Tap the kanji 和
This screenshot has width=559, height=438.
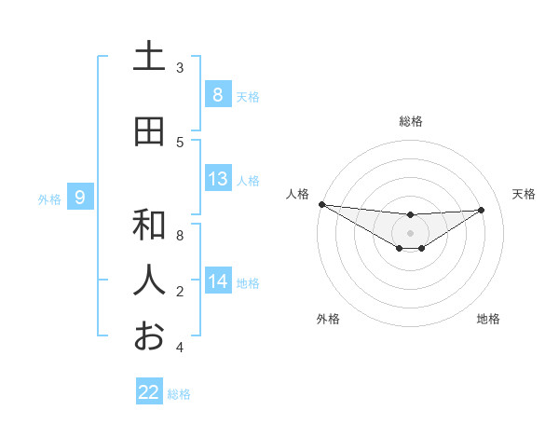tap(149, 225)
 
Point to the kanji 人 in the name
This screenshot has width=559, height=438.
tap(149, 280)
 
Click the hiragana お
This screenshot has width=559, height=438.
tap(149, 335)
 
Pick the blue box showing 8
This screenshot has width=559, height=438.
tap(217, 94)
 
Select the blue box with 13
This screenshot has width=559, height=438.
tap(217, 179)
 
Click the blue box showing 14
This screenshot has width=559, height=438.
tap(217, 281)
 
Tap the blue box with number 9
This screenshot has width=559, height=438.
tap(80, 197)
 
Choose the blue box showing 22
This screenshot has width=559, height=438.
tap(149, 392)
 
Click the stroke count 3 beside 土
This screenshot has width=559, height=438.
tap(180, 68)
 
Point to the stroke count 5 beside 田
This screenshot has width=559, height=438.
tap(180, 143)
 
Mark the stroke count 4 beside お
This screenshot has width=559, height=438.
tap(180, 348)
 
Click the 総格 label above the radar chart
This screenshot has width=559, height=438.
tap(411, 121)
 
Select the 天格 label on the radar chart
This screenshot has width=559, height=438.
tap(525, 194)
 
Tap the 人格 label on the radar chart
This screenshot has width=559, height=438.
tap(297, 194)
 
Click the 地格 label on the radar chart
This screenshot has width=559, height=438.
tap(488, 319)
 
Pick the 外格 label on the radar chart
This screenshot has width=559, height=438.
tap(328, 319)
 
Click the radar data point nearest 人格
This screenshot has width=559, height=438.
tap(321, 204)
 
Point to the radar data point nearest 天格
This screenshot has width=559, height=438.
tap(482, 210)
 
